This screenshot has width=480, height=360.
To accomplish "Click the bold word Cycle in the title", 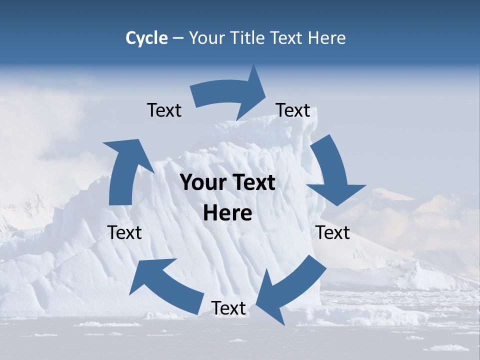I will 146,38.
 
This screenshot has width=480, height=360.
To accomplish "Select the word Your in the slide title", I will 205,38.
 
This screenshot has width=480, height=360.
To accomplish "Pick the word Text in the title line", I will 286,38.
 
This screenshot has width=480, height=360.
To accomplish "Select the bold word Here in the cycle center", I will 227,213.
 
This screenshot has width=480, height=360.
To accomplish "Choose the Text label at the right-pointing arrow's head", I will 293,110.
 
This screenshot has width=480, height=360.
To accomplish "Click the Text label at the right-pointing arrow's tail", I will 164,110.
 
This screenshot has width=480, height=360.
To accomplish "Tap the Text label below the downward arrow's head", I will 332,232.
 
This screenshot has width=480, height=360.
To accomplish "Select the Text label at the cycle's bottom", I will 228,308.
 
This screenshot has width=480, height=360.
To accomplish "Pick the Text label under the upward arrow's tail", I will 124,232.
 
